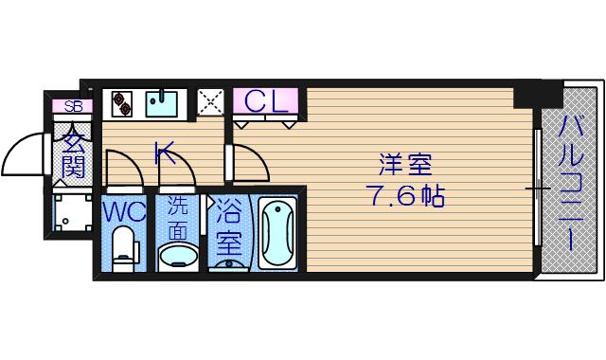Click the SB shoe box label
pyautogui.click(x=73, y=106)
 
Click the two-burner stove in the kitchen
pyautogui.click(x=122, y=103)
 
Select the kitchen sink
pyautogui.click(x=162, y=103)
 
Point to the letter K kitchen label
pyautogui.click(x=165, y=153)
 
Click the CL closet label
pyautogui.click(x=266, y=101)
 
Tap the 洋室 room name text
pyautogui.click(x=405, y=164)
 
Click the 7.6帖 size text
pyautogui.click(x=405, y=196)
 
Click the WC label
pyautogui.click(x=124, y=210)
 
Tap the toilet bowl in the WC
pyautogui.click(x=124, y=245)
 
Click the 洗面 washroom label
pyautogui.click(x=177, y=221)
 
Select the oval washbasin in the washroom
pyautogui.click(x=178, y=256)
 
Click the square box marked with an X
pyautogui.click(x=210, y=102)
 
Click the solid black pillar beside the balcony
pyautogui.click(x=538, y=94)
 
